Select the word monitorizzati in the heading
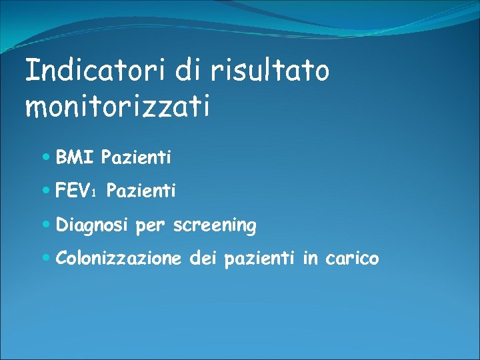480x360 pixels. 117,106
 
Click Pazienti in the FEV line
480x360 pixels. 141,192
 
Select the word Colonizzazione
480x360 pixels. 119,259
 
